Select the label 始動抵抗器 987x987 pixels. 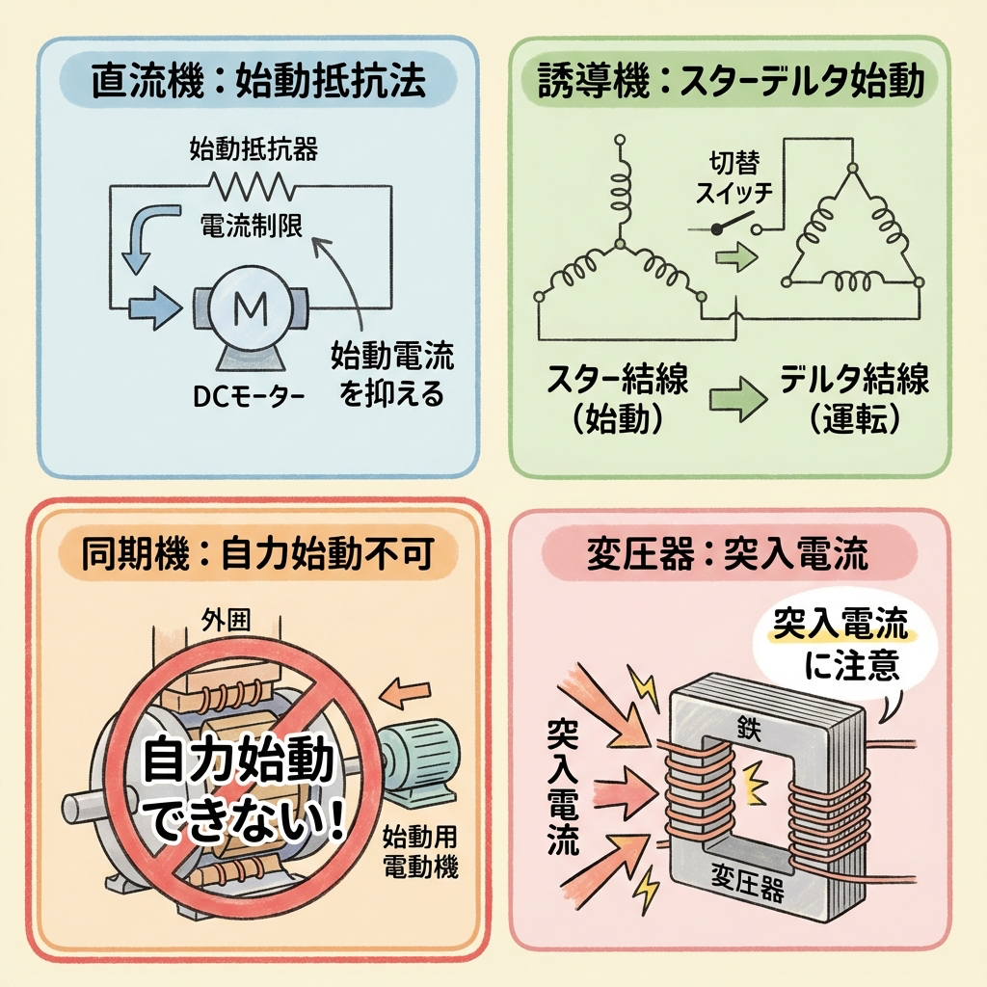[253, 149]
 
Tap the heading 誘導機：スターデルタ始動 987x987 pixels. [729, 83]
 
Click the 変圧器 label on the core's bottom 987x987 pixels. [748, 880]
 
